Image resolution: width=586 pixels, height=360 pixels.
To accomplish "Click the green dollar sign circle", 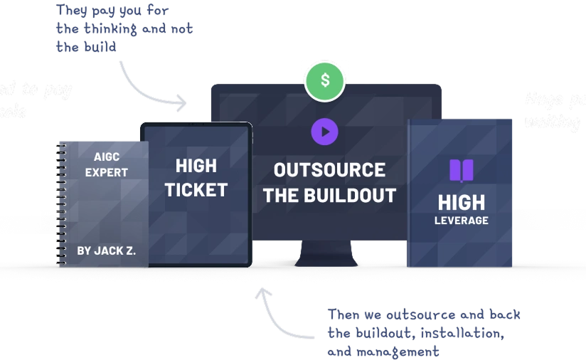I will click(x=325, y=80).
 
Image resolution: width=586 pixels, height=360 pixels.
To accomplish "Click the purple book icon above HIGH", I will click(x=461, y=171).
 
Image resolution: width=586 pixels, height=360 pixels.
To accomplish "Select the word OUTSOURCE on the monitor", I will click(x=329, y=170).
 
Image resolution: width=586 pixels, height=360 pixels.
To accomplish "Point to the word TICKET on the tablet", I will click(x=196, y=190).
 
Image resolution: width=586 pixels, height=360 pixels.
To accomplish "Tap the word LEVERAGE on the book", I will click(x=462, y=221).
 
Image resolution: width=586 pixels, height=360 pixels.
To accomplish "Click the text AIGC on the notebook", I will click(x=106, y=157).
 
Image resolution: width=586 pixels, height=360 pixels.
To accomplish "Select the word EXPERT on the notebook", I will click(x=107, y=172).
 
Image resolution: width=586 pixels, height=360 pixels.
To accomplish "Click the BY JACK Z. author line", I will click(x=107, y=250).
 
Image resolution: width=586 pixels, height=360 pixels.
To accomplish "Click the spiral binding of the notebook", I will click(x=62, y=203).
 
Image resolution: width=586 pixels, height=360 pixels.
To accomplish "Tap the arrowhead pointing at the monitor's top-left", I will click(x=183, y=102).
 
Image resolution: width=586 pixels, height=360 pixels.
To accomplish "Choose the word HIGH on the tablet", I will click(x=196, y=166).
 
